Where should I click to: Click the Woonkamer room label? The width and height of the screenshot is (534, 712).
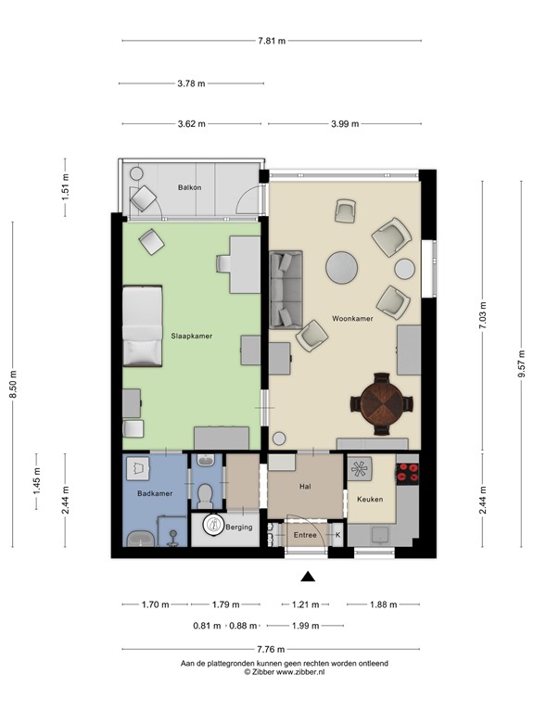pyautogui.click(x=351, y=320)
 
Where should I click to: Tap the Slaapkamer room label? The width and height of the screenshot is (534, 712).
pyautogui.click(x=191, y=336)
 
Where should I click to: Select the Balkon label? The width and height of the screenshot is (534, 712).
pyautogui.click(x=189, y=188)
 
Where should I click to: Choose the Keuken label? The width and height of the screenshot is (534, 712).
pyautogui.click(x=370, y=500)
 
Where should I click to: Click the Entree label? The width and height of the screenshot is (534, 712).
pyautogui.click(x=304, y=535)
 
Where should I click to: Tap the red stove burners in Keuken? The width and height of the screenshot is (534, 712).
pyautogui.click(x=407, y=474)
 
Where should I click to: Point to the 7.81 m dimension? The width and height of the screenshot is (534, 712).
pyautogui.click(x=271, y=41)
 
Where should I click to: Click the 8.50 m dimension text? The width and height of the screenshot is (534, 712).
pyautogui.click(x=13, y=384)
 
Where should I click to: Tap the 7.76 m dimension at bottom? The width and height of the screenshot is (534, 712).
pyautogui.click(x=272, y=649)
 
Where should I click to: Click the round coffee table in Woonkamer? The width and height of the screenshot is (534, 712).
pyautogui.click(x=341, y=268)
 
